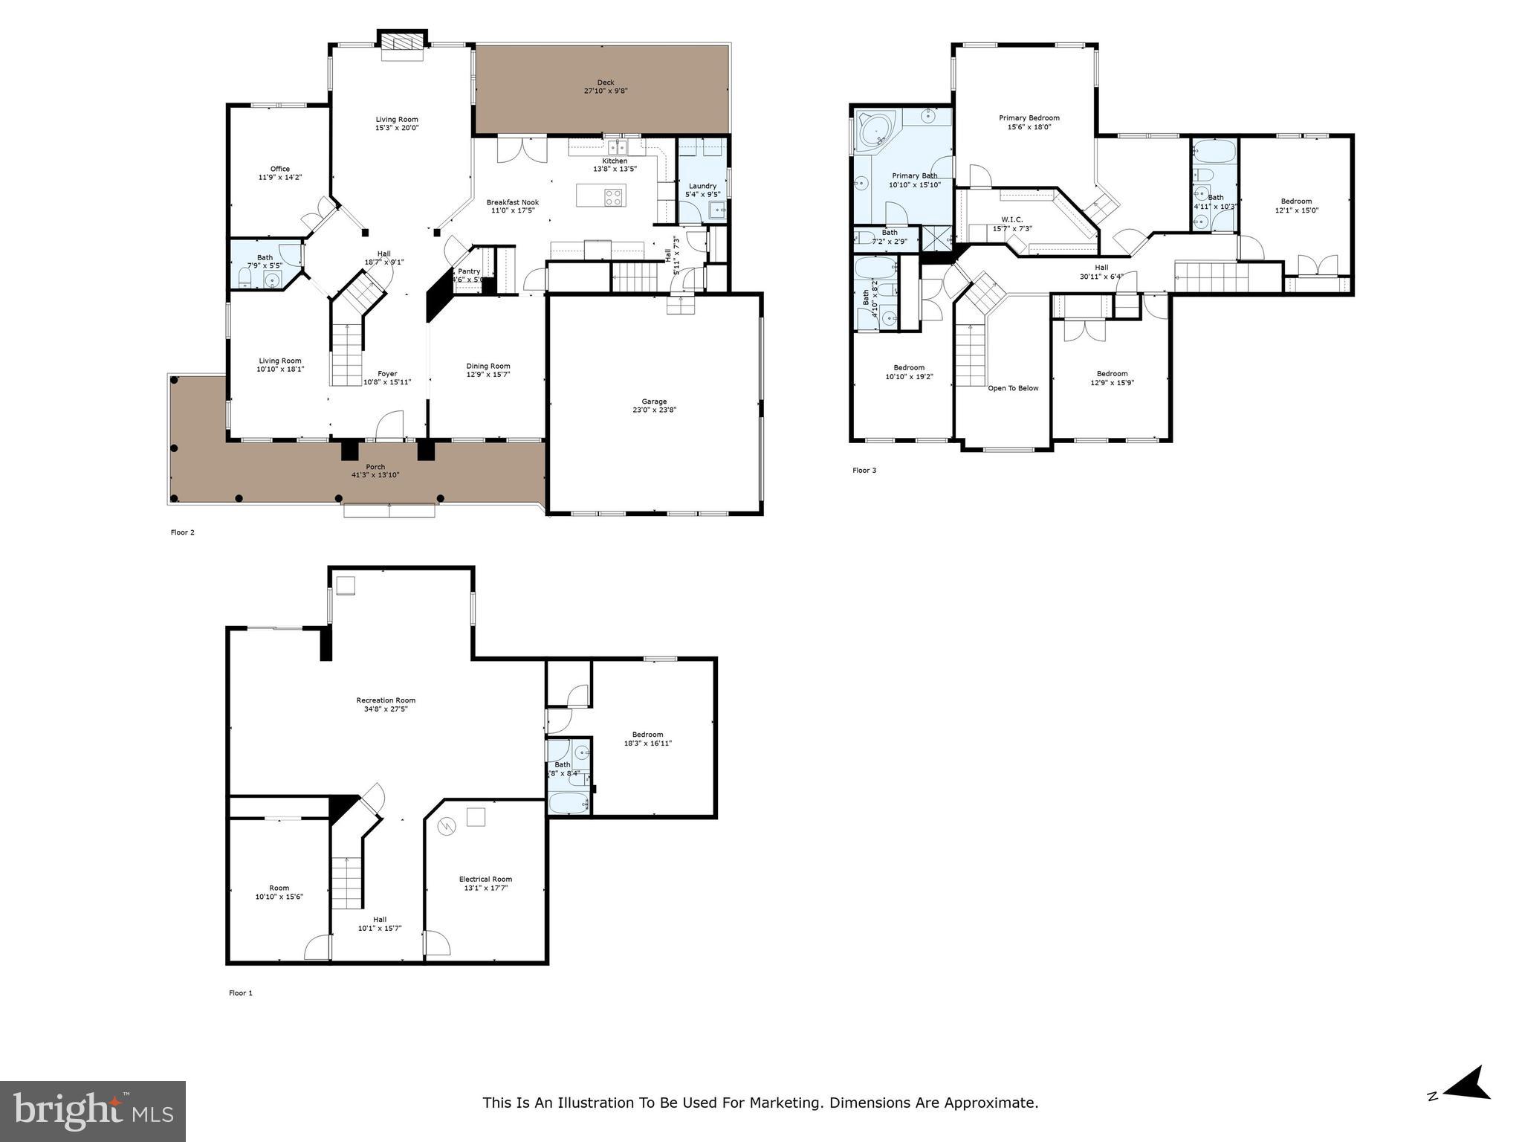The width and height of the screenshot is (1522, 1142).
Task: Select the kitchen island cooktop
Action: (614, 197)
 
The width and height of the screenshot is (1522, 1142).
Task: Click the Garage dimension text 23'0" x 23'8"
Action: (654, 410)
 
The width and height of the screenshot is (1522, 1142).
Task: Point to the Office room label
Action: (280, 169)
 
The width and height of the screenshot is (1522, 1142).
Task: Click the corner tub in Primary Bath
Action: (877, 132)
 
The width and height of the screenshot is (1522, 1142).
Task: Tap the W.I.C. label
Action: (1012, 219)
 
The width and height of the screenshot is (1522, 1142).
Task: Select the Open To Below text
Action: (1013, 388)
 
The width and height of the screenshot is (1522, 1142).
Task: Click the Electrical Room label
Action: (485, 879)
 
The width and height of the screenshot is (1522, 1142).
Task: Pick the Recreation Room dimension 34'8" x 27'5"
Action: (386, 709)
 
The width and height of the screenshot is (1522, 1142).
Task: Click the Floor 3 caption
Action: (864, 470)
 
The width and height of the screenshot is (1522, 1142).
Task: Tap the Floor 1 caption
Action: (241, 993)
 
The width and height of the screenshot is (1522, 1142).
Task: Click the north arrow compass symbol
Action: (1465, 1105)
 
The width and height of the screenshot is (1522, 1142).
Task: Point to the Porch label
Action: (375, 467)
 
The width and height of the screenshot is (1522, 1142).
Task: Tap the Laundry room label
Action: (702, 186)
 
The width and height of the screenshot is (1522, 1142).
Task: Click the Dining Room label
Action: (488, 366)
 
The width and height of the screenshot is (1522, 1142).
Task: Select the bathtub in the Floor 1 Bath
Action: (569, 804)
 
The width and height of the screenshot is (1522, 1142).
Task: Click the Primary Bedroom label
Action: (1029, 117)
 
